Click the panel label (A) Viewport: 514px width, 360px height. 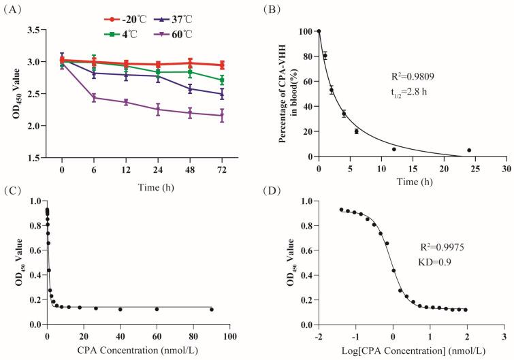[16, 8]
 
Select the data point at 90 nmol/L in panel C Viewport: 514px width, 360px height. [211, 310]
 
